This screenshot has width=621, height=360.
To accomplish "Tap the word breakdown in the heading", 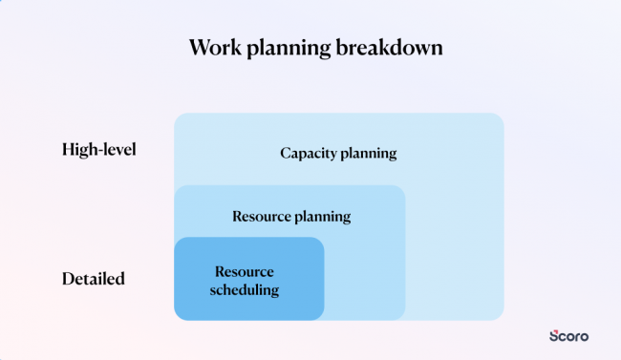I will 392,48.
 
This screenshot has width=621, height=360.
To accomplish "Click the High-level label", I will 99,149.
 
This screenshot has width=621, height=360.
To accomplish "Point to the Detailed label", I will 94,279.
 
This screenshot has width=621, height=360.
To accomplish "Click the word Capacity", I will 310,153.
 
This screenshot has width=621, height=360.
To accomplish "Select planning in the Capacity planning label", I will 368,154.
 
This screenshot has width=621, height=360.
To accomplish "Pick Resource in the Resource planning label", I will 262,216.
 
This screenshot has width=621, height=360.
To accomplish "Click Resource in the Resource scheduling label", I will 244,271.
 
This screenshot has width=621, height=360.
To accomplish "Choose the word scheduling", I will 245,289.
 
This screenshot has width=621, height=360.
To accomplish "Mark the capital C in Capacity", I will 286,153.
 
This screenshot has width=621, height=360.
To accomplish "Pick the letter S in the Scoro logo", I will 554,336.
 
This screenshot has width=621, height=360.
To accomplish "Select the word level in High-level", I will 120,149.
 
